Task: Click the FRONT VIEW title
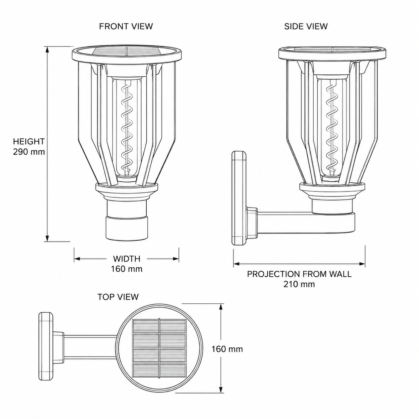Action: point(126,26)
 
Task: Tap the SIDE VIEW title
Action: point(306,26)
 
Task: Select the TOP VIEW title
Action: point(118,297)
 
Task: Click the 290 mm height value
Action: point(29,152)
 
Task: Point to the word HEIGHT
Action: point(29,142)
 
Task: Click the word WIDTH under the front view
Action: point(127,259)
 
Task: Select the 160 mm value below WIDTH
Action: point(127,269)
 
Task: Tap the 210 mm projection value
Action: point(299,284)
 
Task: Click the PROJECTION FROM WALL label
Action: point(299,274)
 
